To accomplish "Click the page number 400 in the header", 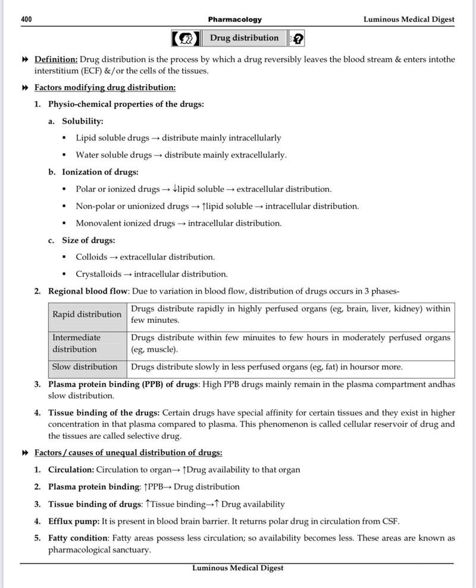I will pos(26,20).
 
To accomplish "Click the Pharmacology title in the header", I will pos(234,20).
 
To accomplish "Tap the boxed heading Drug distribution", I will pos(244,38).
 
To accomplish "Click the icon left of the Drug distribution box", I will pos(186,39).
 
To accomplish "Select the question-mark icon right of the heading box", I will pos(297,39).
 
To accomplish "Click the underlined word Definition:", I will pos(56,59).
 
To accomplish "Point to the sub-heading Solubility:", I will pos(83,121).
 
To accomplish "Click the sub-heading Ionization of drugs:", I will pos(100,172).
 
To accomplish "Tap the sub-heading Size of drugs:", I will pos(89,240).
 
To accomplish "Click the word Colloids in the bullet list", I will pos(92,257).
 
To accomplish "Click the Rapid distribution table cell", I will pos(87,314).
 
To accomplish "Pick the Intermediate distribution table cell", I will pos(87,343).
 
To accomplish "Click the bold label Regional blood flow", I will pos(88,291).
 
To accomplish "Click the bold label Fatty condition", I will pos(78,538).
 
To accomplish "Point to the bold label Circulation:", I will pos(71,470).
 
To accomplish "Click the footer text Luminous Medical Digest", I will pos(237,568).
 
